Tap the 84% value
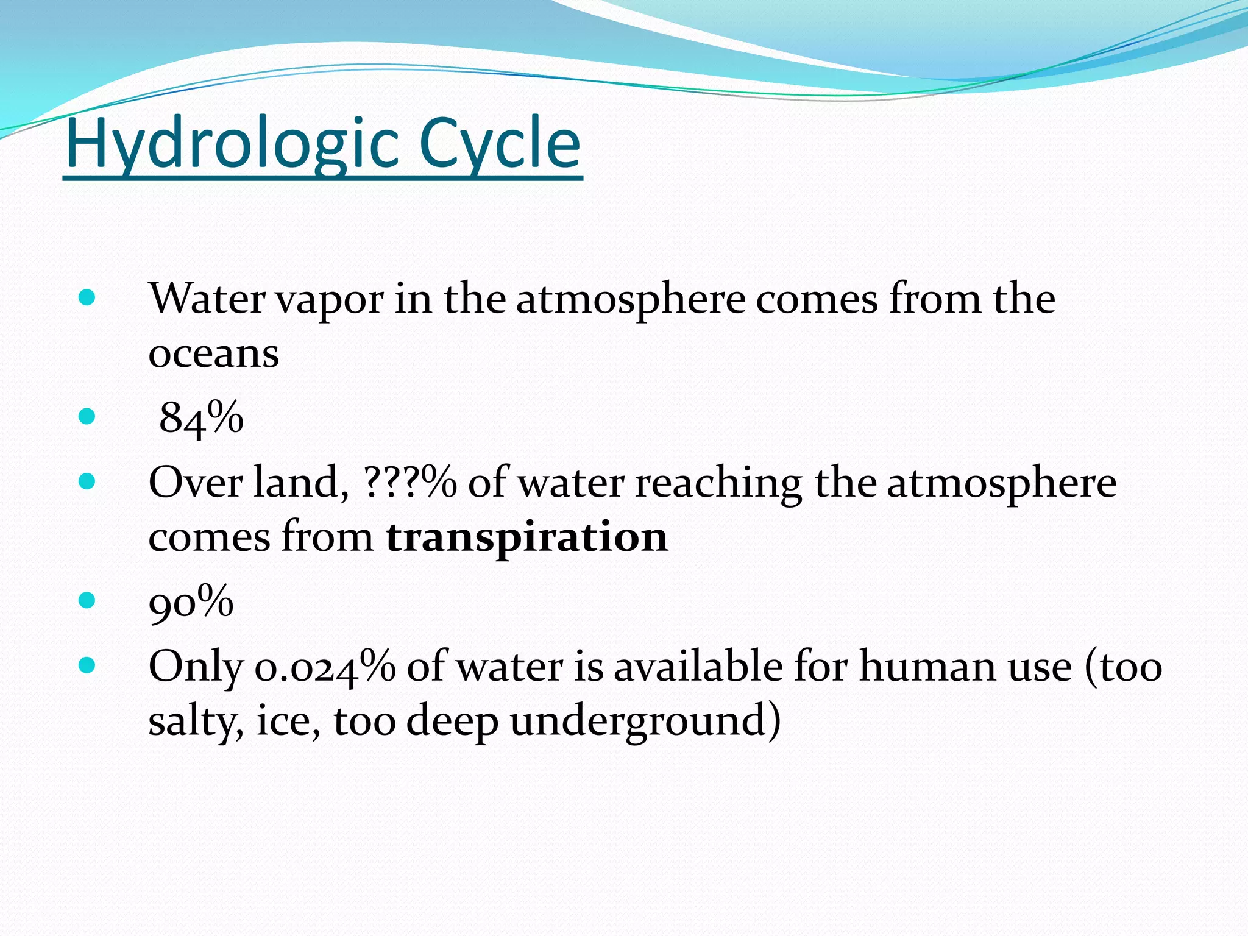[201, 418]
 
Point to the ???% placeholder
[409, 482]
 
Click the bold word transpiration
[527, 537]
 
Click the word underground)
[645, 721]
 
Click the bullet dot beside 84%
[87, 417]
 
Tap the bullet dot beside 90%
[87, 601]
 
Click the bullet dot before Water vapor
[87, 298]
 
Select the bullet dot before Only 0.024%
[87, 665]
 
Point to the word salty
[196, 721]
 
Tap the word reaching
[718, 483]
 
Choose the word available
[698, 666]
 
